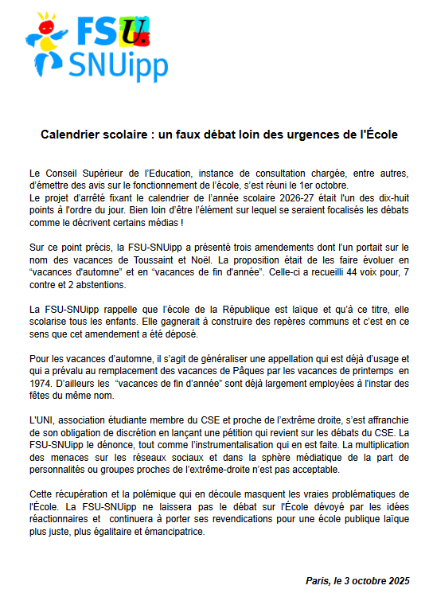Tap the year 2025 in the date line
coord(396,581)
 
